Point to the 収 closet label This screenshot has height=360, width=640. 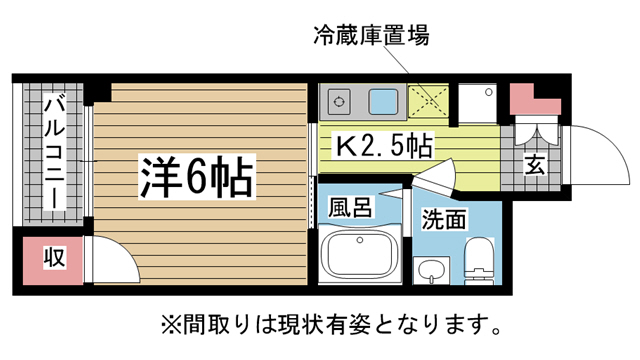[54, 258]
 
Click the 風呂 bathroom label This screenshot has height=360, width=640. [350, 208]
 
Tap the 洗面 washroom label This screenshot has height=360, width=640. [444, 219]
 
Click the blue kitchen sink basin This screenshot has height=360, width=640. [384, 101]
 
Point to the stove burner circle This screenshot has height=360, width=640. [337, 101]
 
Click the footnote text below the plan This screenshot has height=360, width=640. [330, 325]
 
